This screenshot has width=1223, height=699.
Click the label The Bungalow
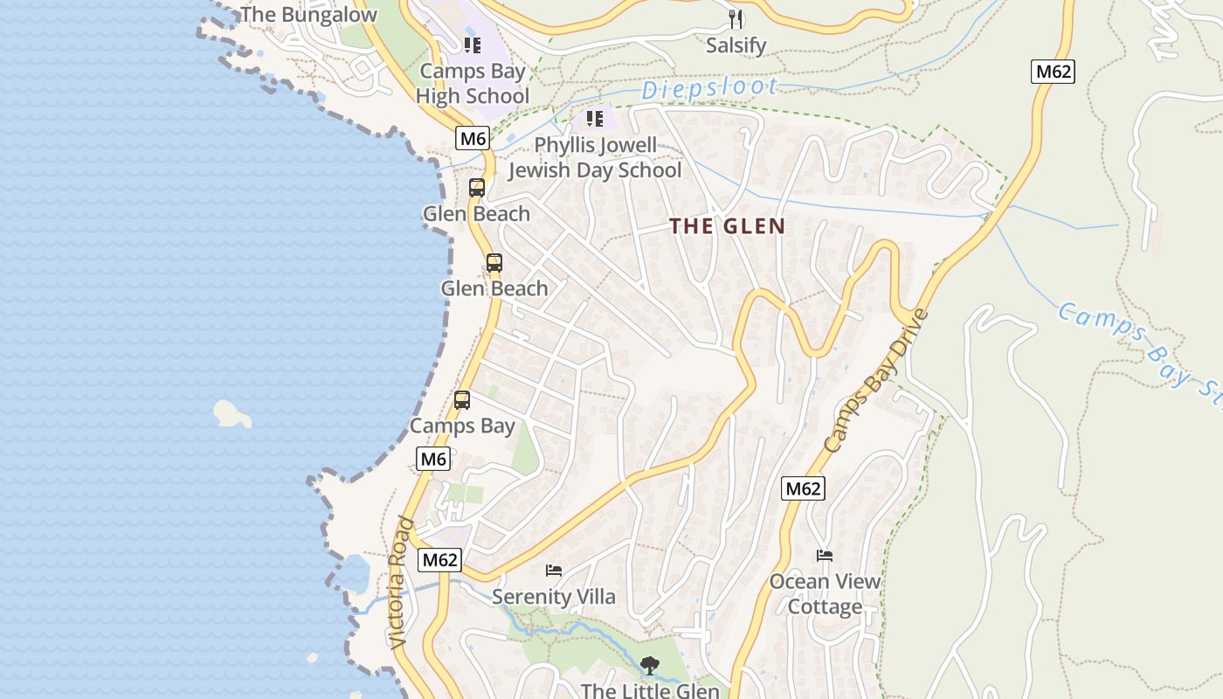pyautogui.click(x=308, y=15)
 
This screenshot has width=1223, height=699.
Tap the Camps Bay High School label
pyautogui.click(x=473, y=84)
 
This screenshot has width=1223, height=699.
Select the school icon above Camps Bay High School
pyautogui.click(x=473, y=45)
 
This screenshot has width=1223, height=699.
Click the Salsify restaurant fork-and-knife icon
pyautogui.click(x=736, y=18)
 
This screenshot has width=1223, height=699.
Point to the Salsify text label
pyautogui.click(x=736, y=45)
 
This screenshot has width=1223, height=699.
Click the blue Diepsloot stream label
pyautogui.click(x=709, y=87)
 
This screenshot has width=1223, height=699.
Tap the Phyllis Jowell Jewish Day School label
pyautogui.click(x=595, y=157)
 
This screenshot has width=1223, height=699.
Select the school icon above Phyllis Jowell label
pyautogui.click(x=595, y=118)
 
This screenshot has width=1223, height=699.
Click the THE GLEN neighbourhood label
pyautogui.click(x=727, y=226)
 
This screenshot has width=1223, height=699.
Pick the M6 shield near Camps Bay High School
pyautogui.click(x=472, y=138)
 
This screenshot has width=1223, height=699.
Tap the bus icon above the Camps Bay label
pyautogui.click(x=462, y=400)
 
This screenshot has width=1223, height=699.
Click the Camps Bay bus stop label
pyautogui.click(x=462, y=426)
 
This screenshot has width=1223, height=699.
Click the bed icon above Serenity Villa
pyautogui.click(x=554, y=571)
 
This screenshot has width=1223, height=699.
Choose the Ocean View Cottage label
pyautogui.click(x=825, y=594)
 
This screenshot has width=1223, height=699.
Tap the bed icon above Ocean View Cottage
pyautogui.click(x=825, y=555)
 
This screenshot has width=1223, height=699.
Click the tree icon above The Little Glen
pyautogui.click(x=650, y=666)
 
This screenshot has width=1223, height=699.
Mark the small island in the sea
pyautogui.click(x=231, y=413)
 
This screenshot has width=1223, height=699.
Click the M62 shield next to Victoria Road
pyautogui.click(x=439, y=560)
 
